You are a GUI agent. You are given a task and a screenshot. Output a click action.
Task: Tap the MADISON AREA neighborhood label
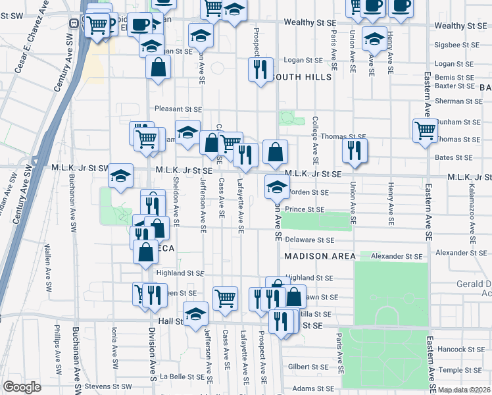coord(320,255)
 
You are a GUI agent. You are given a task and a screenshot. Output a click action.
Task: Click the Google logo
coord(22,387)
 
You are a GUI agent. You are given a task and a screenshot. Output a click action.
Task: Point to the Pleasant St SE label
coord(178,109)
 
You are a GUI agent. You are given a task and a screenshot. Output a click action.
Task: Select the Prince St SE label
coord(305,209)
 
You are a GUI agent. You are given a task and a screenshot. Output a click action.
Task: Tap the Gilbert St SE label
coord(308,367)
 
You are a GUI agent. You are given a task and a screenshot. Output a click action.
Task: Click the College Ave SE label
coord(316,140)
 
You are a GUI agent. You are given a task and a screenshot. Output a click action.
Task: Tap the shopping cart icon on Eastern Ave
coord(425,130)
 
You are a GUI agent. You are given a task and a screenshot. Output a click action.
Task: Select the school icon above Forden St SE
coord(277,186)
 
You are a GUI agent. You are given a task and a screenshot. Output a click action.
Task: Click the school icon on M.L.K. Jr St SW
coord(120,175)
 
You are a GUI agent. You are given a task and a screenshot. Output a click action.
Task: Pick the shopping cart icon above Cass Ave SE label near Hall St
coord(225,298)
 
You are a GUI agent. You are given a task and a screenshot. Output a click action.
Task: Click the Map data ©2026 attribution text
coord(464,390)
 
